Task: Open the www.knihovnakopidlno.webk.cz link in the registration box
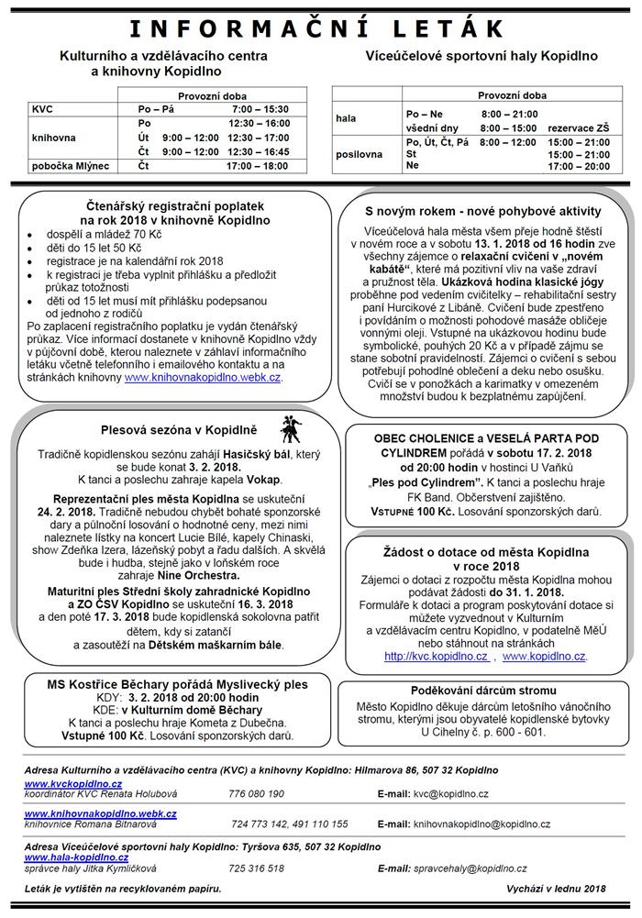point(204,377)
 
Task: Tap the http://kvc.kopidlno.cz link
point(436,657)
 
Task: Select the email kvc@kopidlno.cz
point(450,793)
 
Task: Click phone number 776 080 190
point(256,793)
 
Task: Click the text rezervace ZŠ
point(577,129)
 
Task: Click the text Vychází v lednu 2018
point(556,889)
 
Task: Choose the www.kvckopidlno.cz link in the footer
point(72,784)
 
